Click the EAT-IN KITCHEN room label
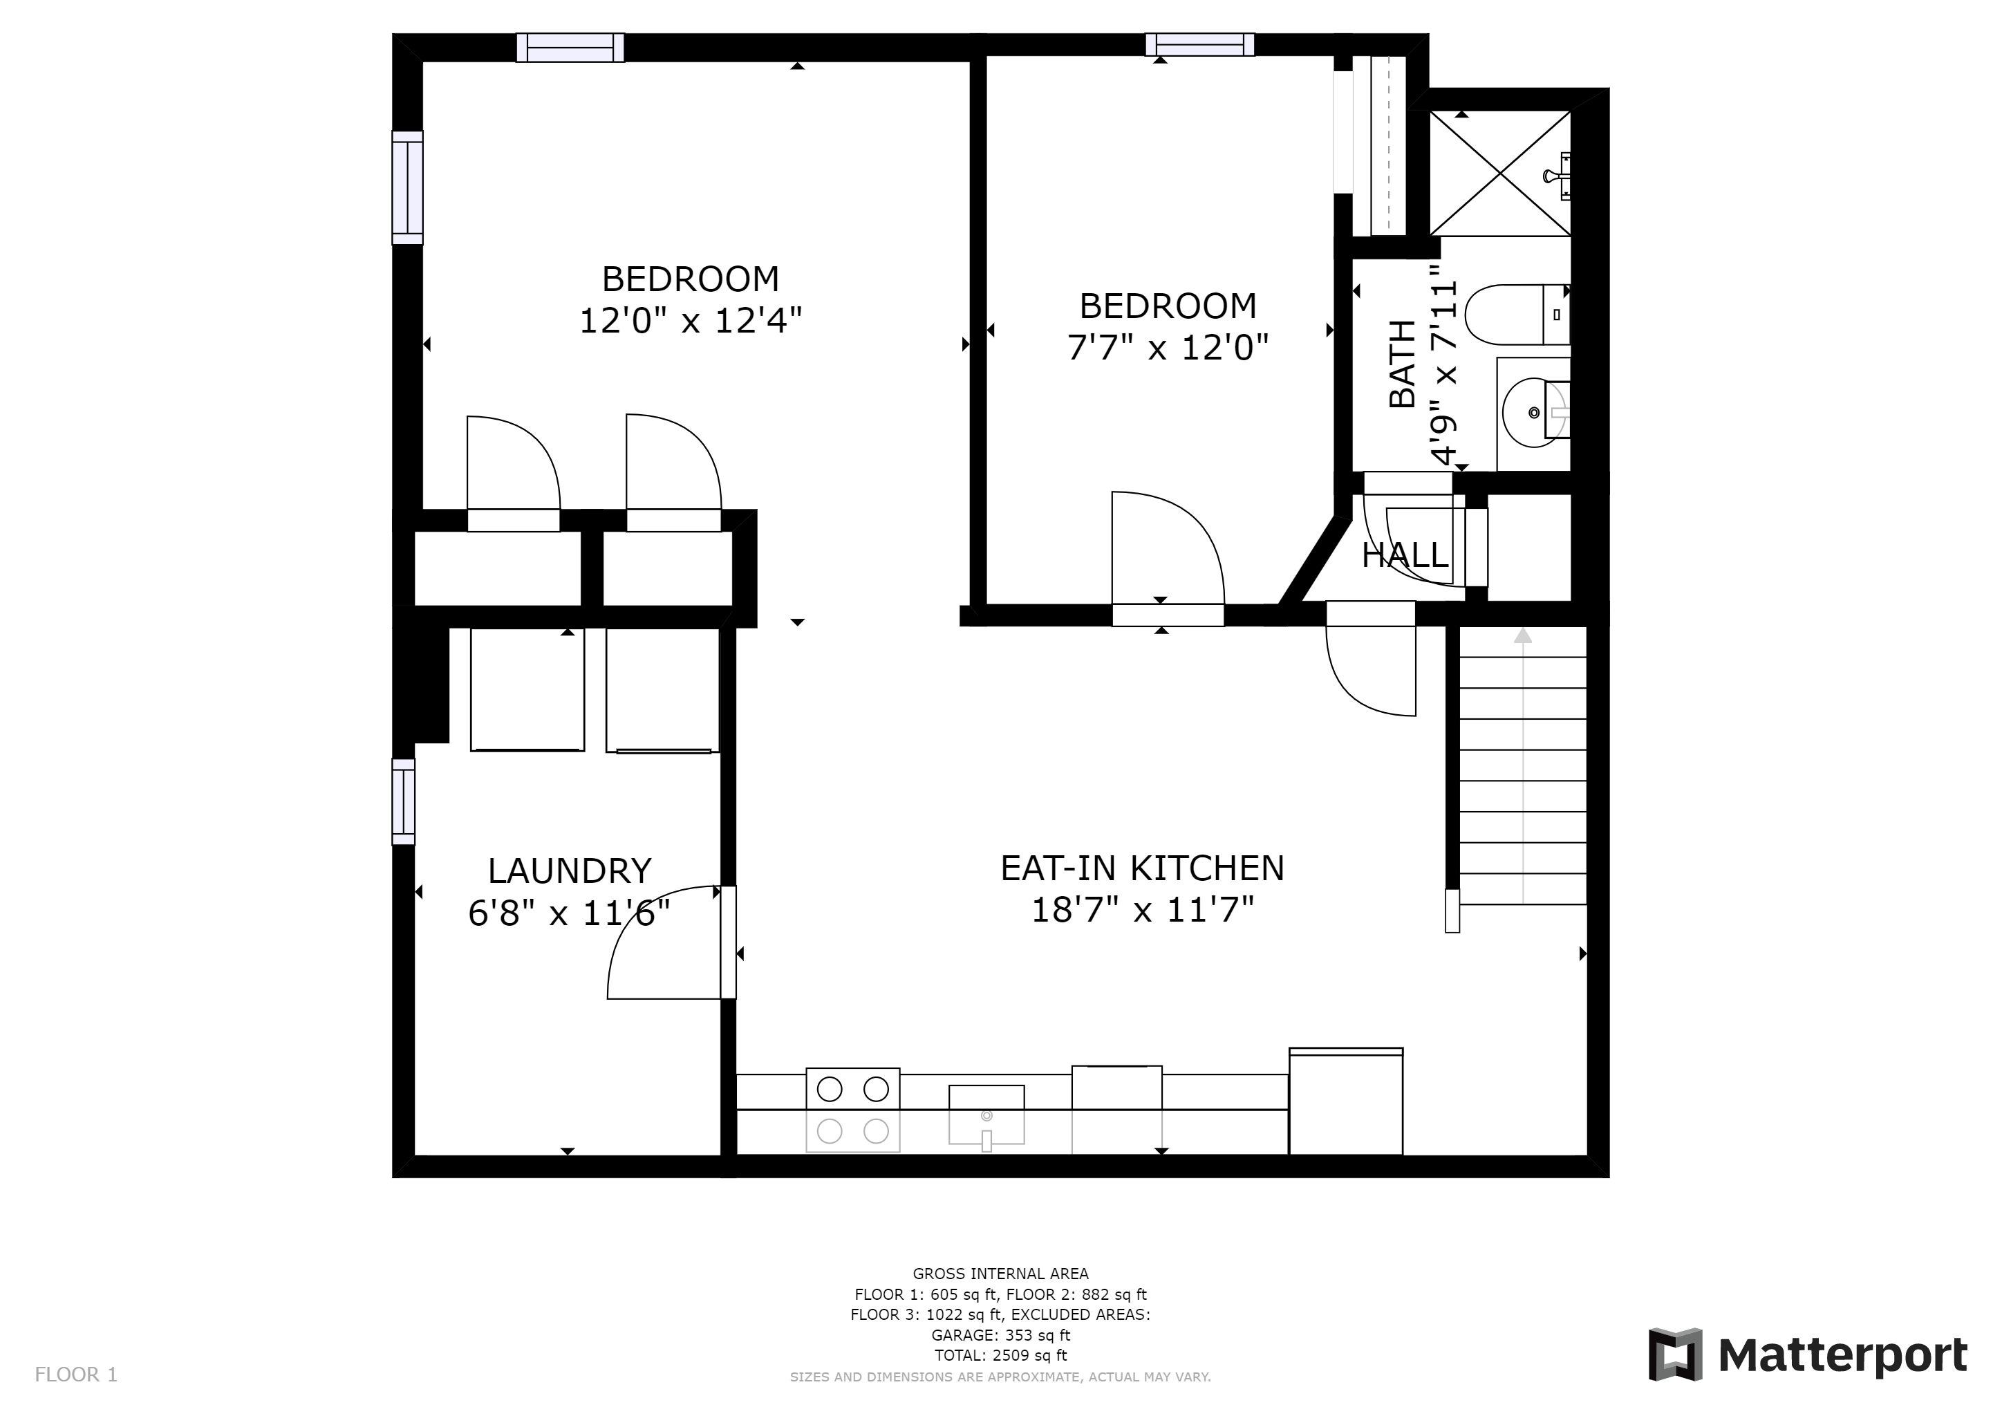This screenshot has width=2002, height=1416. pos(1142,868)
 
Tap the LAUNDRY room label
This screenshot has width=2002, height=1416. pos(570,871)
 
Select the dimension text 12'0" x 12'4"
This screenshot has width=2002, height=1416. pos(691,321)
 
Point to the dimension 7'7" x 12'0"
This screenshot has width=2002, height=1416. pos(1168,348)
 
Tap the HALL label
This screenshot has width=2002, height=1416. pos(1405,555)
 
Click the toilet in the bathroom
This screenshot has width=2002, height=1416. pos(1517,314)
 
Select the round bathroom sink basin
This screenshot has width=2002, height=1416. pos(1535,411)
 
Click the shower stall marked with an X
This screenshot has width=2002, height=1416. pos(1499,173)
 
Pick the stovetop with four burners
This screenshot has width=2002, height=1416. pos(853,1110)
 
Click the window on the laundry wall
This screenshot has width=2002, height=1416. pos(403,801)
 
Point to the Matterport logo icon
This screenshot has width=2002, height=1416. pos(1675,1355)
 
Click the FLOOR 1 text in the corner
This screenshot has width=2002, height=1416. pos(76,1375)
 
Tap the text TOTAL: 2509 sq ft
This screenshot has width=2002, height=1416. pos(1000,1355)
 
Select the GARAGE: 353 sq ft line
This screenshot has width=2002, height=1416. pos(1000,1335)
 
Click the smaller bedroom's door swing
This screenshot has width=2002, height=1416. pos(1168,548)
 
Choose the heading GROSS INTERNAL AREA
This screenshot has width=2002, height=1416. pos(1000,1274)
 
